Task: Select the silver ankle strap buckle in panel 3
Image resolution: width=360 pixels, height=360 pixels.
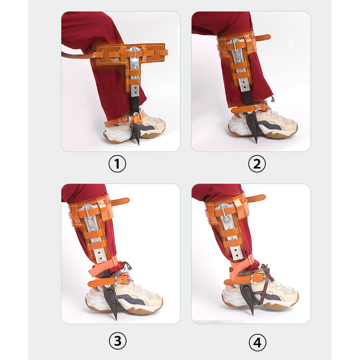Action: [x=121, y=279]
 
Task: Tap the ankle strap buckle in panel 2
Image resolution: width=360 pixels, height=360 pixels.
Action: [x=260, y=107]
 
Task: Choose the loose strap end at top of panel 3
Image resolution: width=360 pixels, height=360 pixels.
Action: [x=123, y=201]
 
